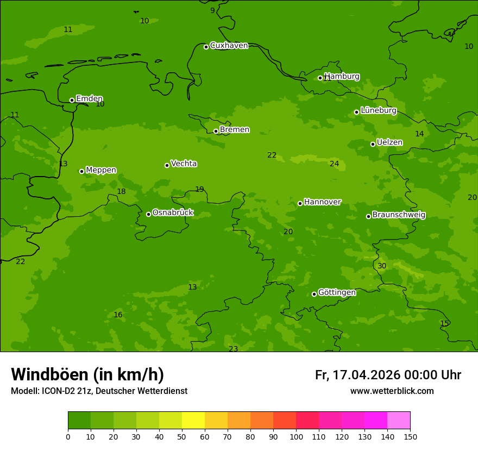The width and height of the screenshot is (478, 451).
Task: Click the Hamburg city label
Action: point(342,77)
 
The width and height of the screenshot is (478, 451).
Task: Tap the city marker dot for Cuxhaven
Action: point(206,47)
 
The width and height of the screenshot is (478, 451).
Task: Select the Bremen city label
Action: point(234,130)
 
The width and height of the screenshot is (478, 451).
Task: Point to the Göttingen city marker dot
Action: point(314,294)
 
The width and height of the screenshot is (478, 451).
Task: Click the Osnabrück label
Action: point(173,212)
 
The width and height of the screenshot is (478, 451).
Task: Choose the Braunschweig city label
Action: point(399,215)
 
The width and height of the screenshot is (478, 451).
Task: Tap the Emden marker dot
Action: point(72,100)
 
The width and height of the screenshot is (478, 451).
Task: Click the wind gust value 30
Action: point(382,266)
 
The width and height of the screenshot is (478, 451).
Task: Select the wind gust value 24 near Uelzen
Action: point(334,164)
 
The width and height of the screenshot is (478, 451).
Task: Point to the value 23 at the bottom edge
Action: point(233,349)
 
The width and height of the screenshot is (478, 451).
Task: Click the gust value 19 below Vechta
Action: point(199,189)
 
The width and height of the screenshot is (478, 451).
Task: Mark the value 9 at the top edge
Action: point(212,10)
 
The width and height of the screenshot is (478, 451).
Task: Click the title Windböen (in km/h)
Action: point(87,374)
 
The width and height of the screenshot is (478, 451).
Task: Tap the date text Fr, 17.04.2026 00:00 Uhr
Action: point(388,375)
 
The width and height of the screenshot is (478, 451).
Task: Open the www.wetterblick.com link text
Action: point(392,391)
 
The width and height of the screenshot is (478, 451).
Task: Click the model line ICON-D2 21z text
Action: point(99,391)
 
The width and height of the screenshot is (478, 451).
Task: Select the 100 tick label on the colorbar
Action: point(296,436)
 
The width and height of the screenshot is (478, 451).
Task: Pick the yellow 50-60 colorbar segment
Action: point(193,421)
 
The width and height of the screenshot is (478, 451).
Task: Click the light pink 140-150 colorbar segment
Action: point(399,421)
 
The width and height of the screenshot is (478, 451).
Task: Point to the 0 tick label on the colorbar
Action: point(68,436)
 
